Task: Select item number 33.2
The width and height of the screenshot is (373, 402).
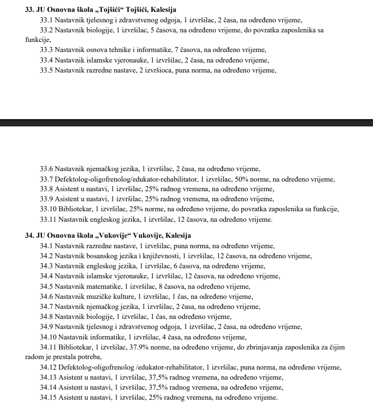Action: [46, 30]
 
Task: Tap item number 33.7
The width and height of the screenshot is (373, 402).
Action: [46, 179]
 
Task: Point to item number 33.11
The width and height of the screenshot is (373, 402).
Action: [48, 219]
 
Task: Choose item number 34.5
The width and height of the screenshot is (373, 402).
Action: [46, 286]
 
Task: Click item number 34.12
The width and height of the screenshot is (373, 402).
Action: [48, 367]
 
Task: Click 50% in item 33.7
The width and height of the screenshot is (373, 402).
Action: [240, 179]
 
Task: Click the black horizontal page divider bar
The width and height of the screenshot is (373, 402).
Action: [186, 122]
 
